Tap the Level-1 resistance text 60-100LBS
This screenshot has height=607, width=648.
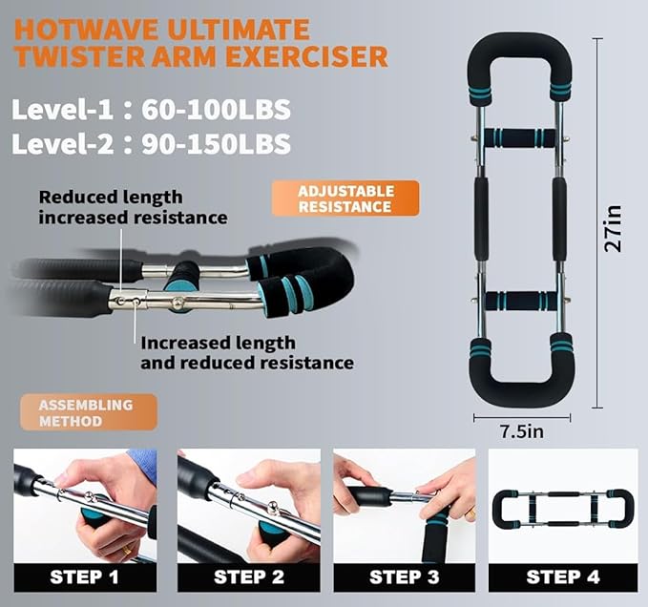(x=217, y=109)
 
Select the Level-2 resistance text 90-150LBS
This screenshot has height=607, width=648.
(x=217, y=144)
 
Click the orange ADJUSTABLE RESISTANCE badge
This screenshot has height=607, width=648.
(x=345, y=199)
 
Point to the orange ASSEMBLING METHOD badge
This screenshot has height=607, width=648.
(x=85, y=411)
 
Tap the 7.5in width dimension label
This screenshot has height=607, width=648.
(x=521, y=431)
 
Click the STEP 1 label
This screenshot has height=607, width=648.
(x=85, y=576)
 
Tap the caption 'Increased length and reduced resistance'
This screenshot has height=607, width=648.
(x=246, y=353)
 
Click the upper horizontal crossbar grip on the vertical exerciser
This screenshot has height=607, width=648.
(x=519, y=137)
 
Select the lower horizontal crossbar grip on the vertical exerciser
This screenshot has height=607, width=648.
(x=519, y=301)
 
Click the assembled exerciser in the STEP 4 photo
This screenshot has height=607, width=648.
(x=562, y=509)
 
